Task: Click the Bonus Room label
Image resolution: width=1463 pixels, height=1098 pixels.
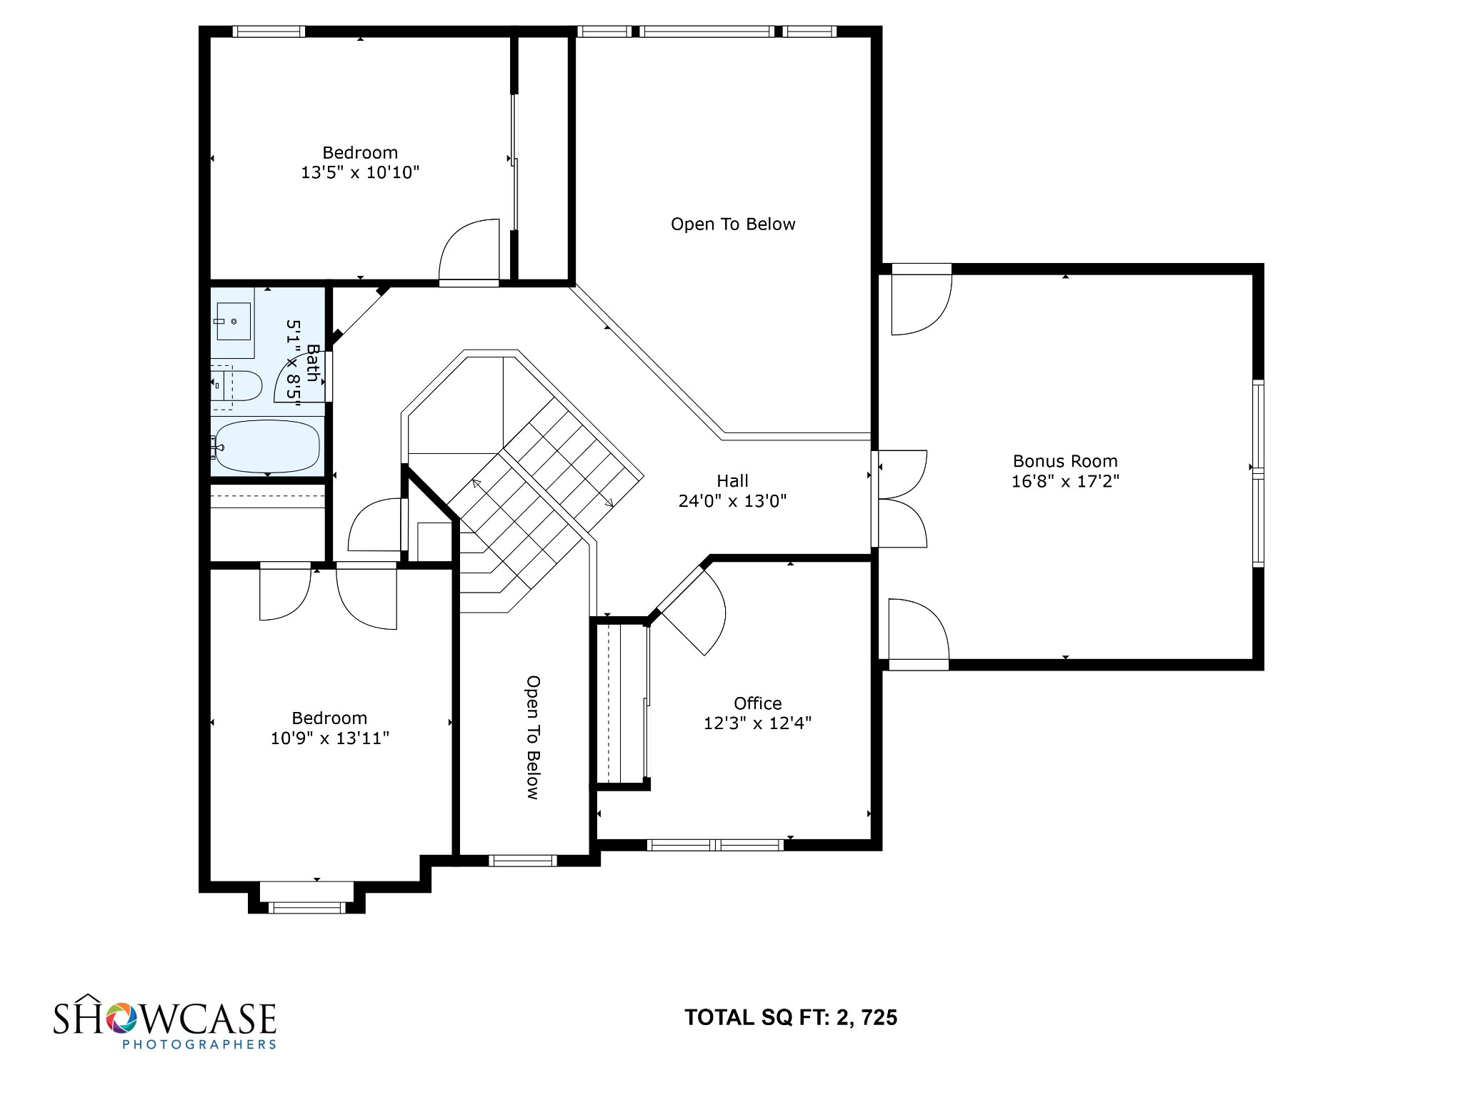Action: click(x=1065, y=461)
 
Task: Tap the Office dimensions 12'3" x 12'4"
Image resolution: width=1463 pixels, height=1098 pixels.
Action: click(x=757, y=723)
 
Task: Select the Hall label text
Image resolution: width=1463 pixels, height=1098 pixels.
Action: click(x=732, y=481)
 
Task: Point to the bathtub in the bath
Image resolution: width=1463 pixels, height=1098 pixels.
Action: click(x=267, y=447)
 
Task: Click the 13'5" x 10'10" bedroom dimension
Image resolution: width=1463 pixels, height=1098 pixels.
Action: click(x=360, y=172)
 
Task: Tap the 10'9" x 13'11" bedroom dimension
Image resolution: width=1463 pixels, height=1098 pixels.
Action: click(x=329, y=738)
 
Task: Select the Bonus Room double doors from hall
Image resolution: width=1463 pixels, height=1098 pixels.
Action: click(x=902, y=499)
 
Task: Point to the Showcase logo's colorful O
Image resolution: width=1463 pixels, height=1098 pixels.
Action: click(x=119, y=1018)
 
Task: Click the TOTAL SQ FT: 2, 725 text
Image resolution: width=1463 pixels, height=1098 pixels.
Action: click(x=791, y=1017)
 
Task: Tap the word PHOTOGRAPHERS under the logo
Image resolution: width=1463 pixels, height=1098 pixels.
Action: click(x=199, y=1044)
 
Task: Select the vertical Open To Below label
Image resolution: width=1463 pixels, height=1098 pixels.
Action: click(x=533, y=737)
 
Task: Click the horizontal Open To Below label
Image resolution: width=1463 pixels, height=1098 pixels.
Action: click(x=733, y=224)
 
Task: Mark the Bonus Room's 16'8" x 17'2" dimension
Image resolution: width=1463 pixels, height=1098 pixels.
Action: click(x=1065, y=481)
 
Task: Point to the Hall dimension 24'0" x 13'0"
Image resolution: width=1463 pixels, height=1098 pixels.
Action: click(x=732, y=501)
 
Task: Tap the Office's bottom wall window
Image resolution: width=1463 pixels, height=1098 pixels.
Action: click(x=715, y=845)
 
